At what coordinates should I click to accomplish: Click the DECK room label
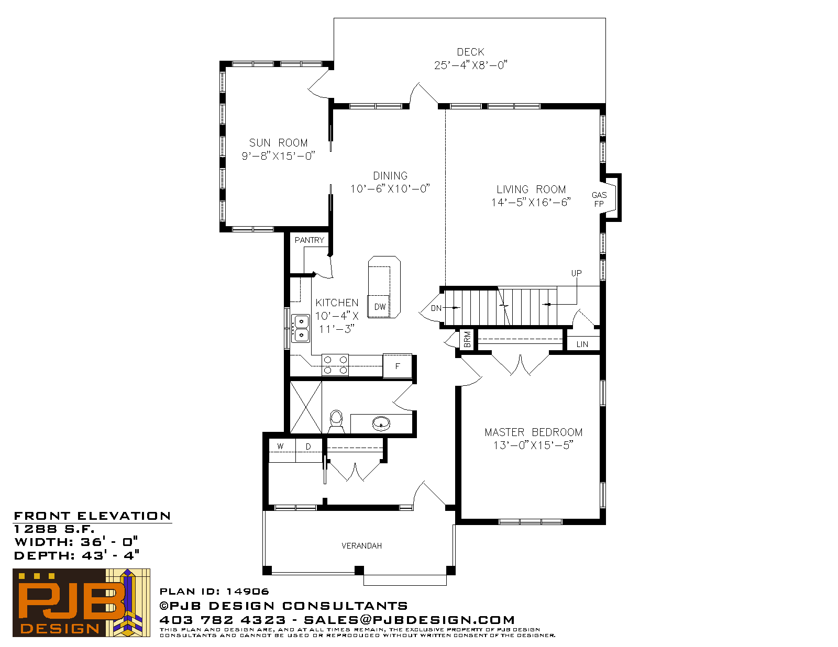tap(470, 52)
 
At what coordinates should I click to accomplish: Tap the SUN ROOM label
tap(279, 143)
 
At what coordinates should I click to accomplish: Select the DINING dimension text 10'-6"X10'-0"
tap(390, 189)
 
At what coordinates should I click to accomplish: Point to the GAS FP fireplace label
tap(599, 199)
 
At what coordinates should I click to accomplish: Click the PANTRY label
tap(310, 240)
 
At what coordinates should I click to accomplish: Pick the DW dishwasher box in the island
tap(378, 306)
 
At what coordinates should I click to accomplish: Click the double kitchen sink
tap(301, 328)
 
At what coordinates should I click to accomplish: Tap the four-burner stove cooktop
tap(335, 365)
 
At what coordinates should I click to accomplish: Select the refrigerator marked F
tap(397, 366)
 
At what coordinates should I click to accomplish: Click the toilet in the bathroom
tap(336, 421)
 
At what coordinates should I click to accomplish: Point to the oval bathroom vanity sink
tap(381, 423)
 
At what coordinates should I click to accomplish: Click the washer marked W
tap(282, 450)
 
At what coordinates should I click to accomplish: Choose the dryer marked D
tap(308, 450)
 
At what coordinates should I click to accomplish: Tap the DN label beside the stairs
tap(436, 308)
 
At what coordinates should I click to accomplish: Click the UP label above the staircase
tap(576, 273)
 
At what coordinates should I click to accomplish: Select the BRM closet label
tap(467, 340)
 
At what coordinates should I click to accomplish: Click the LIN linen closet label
tap(582, 344)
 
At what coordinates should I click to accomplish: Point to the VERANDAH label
tap(362, 545)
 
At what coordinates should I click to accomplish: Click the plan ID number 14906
tap(248, 592)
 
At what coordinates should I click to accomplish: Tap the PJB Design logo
tap(81, 603)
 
